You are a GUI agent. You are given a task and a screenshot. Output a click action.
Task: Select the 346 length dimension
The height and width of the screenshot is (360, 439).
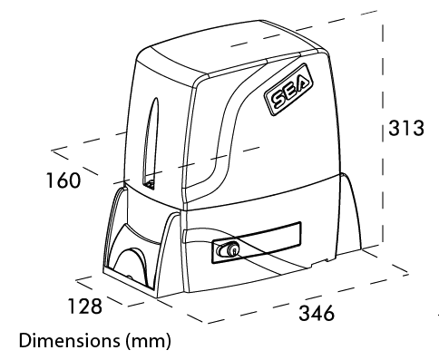[317, 314]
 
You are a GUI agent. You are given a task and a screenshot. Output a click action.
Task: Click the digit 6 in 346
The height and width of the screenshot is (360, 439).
[328, 314]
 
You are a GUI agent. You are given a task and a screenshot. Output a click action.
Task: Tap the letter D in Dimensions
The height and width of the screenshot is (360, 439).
[24, 344]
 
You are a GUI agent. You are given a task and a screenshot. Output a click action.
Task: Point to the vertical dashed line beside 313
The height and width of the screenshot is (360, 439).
[385, 181]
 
